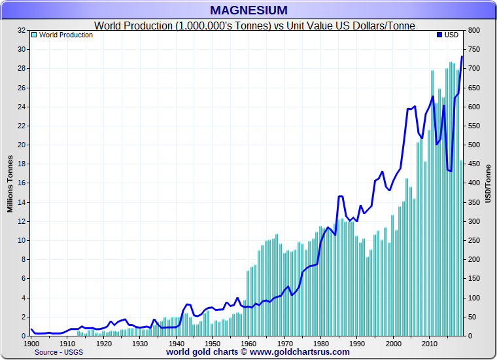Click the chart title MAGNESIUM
pos(248,10)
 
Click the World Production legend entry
pos(65,35)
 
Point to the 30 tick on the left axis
pos(22,49)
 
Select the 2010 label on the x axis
pos(429,343)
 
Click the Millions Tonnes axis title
pos(10,183)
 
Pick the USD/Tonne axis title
pos(488,183)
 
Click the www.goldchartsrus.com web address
pos(290,352)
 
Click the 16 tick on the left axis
pos(22,183)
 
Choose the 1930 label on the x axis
pos(139,343)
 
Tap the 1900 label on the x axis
pos(31,343)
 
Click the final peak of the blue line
pos(462,56)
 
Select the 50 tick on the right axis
pos(471,317)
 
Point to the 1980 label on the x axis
pos(320,343)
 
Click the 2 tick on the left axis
pos(24,317)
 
